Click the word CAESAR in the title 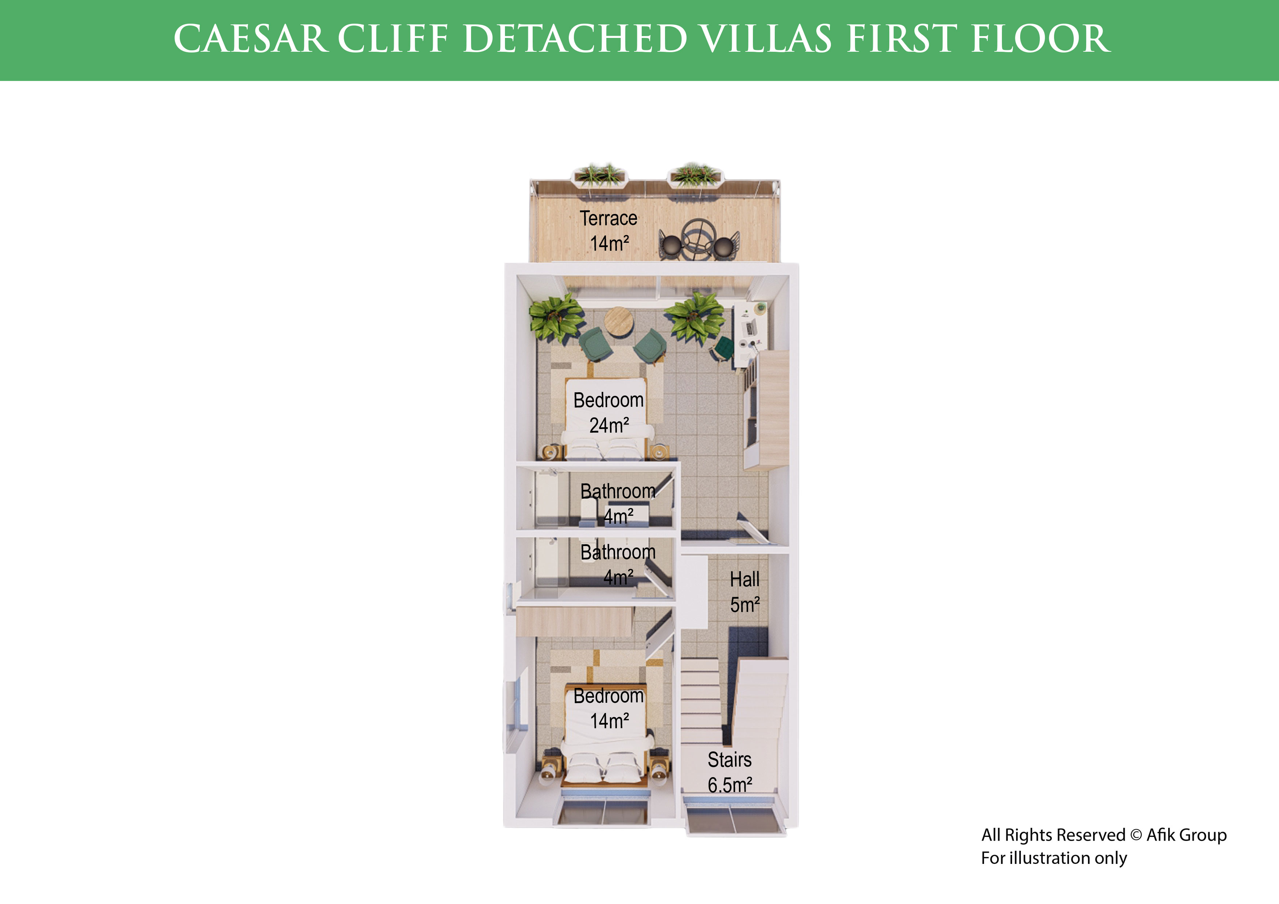click(249, 39)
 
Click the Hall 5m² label click(745, 592)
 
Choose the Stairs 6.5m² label click(730, 772)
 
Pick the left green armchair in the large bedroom click(595, 343)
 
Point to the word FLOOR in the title click(1041, 39)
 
